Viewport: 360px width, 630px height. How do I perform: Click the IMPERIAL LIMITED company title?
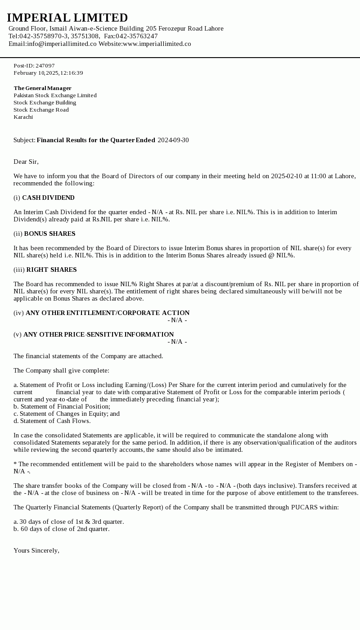coord(67,18)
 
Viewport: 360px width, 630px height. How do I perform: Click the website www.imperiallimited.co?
coord(157,44)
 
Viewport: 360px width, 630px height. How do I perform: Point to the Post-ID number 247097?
coord(45,66)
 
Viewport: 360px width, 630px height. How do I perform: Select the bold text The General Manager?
coord(42,88)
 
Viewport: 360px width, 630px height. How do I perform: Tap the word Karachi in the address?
coord(23,117)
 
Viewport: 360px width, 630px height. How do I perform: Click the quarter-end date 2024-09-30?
coord(173,140)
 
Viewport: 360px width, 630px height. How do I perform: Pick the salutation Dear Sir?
coord(26,162)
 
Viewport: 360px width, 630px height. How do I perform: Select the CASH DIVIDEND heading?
coord(48,198)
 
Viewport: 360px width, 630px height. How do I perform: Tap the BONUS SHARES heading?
coord(49,234)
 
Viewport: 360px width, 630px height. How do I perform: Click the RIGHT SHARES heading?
coord(51,270)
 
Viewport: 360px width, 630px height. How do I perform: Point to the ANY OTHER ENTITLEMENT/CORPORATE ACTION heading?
coord(108,313)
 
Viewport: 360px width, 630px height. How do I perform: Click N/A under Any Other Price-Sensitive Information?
coord(177,342)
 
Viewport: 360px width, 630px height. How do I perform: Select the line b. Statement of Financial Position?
coord(62,406)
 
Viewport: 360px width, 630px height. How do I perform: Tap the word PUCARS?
coord(305,507)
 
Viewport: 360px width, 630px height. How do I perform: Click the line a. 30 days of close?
coord(68,522)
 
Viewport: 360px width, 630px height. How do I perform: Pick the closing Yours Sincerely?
coord(36,550)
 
